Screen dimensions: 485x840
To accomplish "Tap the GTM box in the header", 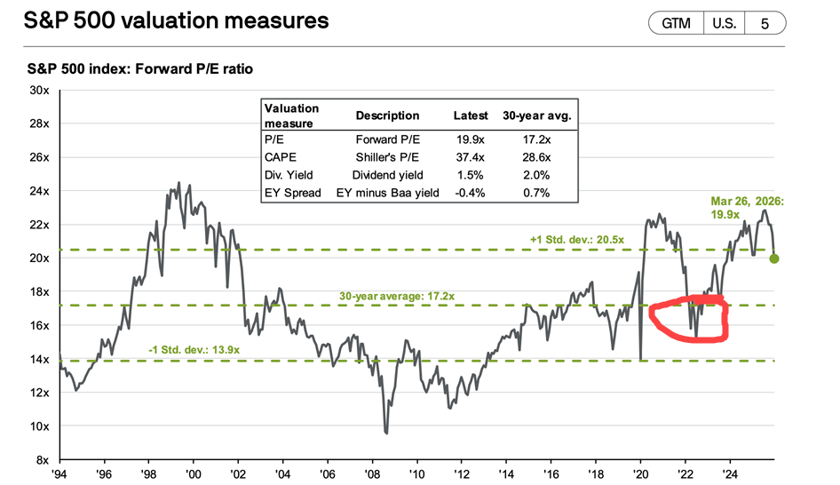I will click(675, 24).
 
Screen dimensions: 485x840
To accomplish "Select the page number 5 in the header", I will click(765, 24).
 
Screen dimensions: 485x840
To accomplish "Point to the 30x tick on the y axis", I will click(39, 91).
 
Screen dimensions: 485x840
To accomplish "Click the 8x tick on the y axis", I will click(42, 460).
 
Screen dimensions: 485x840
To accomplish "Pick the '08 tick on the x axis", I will click(374, 474).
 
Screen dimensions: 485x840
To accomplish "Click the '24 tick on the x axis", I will click(731, 474).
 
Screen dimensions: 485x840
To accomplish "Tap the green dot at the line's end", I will click(774, 258).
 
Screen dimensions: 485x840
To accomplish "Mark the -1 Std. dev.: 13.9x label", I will click(193, 350).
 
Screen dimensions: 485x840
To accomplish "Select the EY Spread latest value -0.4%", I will click(471, 192).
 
